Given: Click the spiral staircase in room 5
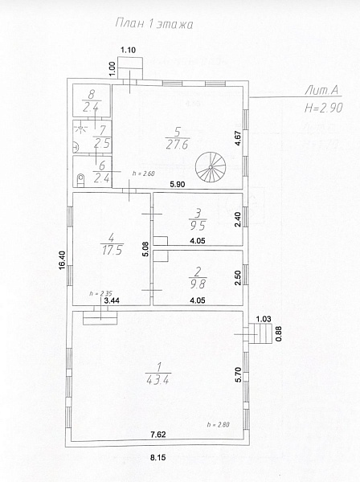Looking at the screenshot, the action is (x=211, y=167).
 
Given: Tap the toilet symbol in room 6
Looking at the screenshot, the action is (x=80, y=180).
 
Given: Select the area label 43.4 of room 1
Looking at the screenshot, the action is (x=157, y=381).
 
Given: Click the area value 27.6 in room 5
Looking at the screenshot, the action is (x=177, y=145).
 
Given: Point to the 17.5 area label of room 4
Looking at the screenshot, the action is (x=112, y=250).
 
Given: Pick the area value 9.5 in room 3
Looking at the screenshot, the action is (x=198, y=226).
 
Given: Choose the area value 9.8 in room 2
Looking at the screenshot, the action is (x=198, y=284).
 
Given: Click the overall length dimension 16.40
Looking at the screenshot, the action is (x=62, y=260).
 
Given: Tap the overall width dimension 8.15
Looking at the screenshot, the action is (x=158, y=458).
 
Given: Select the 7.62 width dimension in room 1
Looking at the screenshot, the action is (x=158, y=435).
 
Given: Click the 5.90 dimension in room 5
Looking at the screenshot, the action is (x=178, y=184).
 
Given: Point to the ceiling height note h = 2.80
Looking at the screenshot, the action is (x=219, y=425).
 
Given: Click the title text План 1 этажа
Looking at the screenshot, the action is (x=154, y=24).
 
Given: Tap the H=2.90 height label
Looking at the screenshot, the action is (x=323, y=108).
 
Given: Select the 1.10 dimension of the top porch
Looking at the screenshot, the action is (x=129, y=50).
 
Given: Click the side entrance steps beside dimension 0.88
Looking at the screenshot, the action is (x=260, y=333).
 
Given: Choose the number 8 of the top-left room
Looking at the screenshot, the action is (x=92, y=94).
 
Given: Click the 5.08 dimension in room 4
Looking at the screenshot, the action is (x=145, y=249).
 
